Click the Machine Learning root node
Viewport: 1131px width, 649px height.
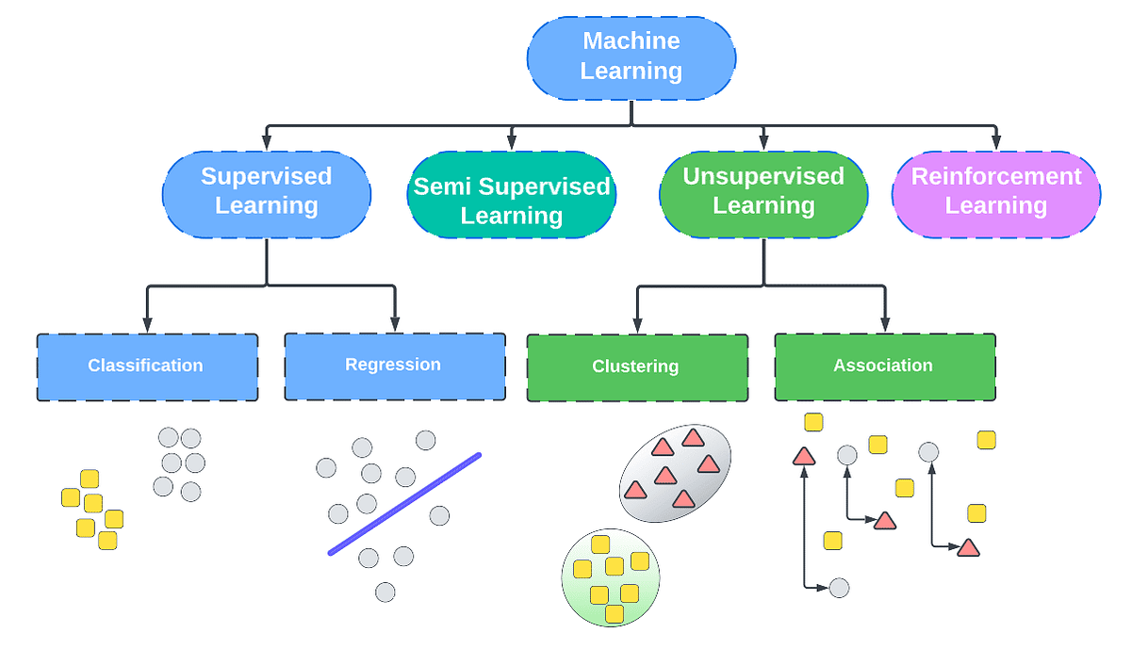pyautogui.click(x=631, y=56)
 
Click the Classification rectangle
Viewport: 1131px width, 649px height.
pyautogui.click(x=146, y=366)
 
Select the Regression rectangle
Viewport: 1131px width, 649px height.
pyautogui.click(x=394, y=365)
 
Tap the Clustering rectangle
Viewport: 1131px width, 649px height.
pyautogui.click(x=636, y=366)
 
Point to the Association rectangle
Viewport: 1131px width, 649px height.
pyautogui.click(x=884, y=365)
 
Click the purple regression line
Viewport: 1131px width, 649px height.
pyautogui.click(x=405, y=504)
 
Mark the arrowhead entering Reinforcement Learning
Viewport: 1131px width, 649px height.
pyautogui.click(x=996, y=143)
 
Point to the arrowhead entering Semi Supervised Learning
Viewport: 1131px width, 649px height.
pyautogui.click(x=512, y=143)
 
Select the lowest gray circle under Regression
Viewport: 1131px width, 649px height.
pyautogui.click(x=385, y=592)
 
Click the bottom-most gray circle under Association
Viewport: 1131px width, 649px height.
pyautogui.click(x=839, y=588)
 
